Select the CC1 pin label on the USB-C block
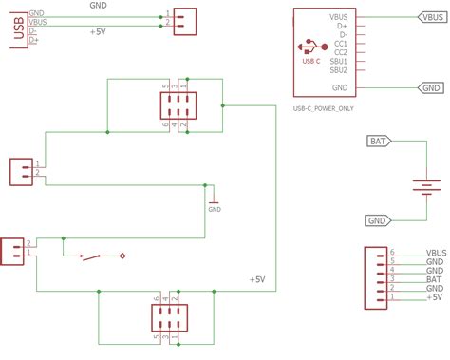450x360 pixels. pos(339,44)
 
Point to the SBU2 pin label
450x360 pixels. pos(339,70)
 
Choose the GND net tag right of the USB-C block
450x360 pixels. pos(430,87)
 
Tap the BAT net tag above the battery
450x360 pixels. pos(378,142)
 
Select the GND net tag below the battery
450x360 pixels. pos(378,221)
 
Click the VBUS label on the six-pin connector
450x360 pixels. pos(436,254)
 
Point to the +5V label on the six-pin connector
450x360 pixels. pos(434,296)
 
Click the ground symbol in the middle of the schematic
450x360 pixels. pos(214,202)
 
